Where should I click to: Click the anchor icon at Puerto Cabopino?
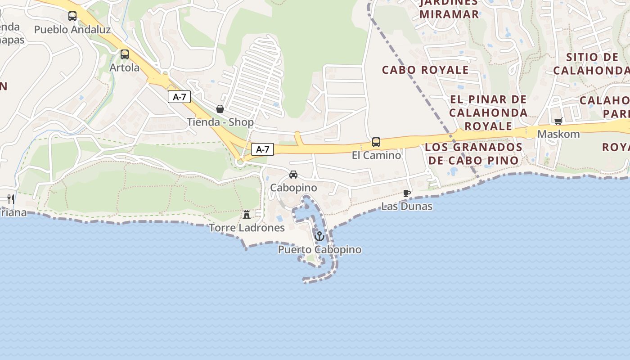pos(319,236)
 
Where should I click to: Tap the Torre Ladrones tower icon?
pos(247,215)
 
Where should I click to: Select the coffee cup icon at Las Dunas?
pos(407,193)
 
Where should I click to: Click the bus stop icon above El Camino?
pos(376,142)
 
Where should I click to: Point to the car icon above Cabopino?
pos(293,175)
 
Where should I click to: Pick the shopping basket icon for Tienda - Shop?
pos(220,109)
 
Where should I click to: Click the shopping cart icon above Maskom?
pos(558,121)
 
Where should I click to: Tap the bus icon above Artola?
pos(125,54)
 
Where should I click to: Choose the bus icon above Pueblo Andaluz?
pos(72,16)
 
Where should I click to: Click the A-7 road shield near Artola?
pos(179,97)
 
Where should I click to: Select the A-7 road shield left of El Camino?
pos(262,149)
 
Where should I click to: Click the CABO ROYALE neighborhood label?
pos(425,70)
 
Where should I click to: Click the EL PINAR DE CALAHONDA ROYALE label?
pos(488,112)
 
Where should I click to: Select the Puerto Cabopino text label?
pos(319,250)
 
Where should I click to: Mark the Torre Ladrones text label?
pos(247,228)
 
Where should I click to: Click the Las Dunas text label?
pos(407,207)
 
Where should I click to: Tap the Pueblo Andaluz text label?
pos(72,30)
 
